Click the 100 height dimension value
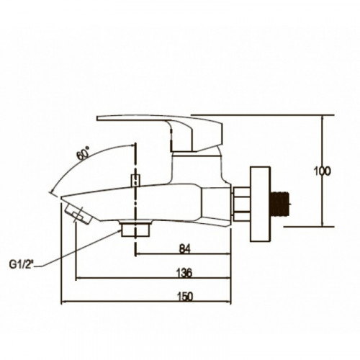coord(322,171)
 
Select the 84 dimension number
coord(184,248)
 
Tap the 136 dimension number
coord(184,273)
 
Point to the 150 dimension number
coord(185,297)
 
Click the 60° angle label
coord(83,153)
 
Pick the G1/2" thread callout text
coord(22,264)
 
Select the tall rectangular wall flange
coord(261,204)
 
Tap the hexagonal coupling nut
coord(240,204)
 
